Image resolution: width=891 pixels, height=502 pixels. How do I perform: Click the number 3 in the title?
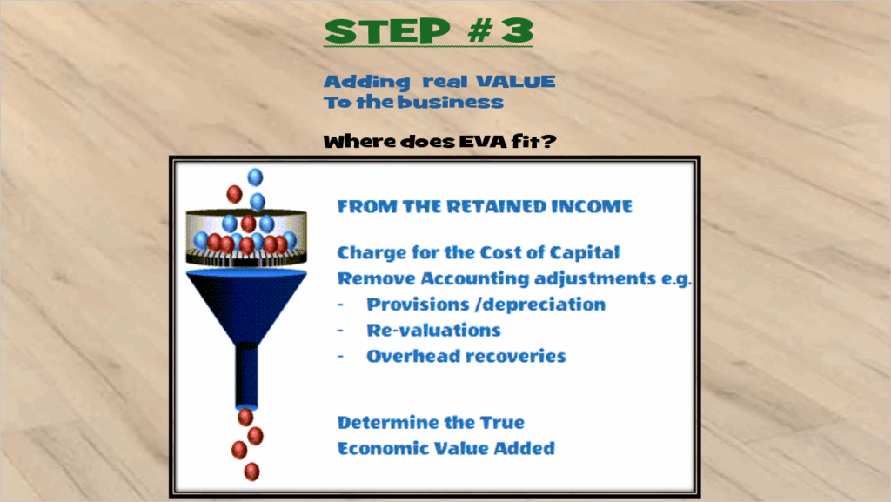pos(518,30)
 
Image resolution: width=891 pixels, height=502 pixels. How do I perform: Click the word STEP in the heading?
pos(387,30)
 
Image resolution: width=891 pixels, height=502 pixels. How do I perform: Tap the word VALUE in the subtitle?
pos(516,81)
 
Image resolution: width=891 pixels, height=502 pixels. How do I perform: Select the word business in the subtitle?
pos(450,102)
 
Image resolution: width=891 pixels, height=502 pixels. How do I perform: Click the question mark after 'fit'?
pos(548,141)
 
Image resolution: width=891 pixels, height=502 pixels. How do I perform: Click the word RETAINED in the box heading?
pos(496,206)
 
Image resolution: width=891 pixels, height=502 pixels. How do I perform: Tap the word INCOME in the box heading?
pos(592,206)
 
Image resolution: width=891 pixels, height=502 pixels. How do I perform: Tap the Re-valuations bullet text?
pos(433,330)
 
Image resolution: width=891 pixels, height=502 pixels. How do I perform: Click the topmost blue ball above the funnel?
pos(255,177)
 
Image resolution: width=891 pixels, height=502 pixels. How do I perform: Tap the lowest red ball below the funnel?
pos(251,472)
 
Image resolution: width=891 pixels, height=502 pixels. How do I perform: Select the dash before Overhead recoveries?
pos(340,357)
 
